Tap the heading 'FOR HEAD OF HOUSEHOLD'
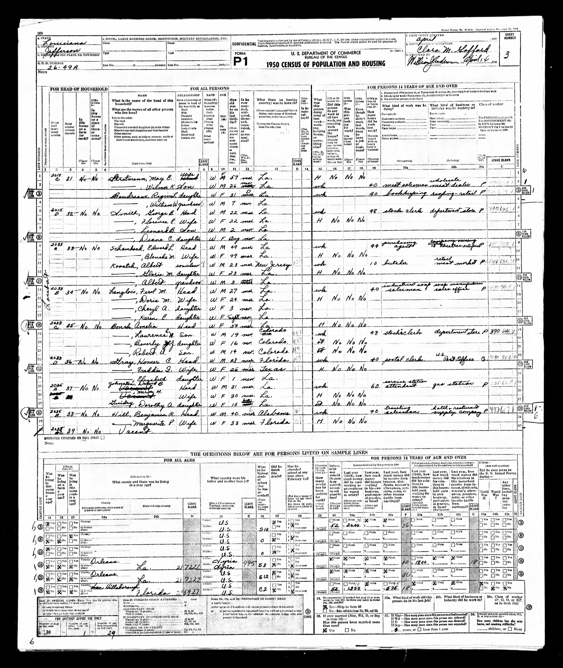point(78,89)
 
